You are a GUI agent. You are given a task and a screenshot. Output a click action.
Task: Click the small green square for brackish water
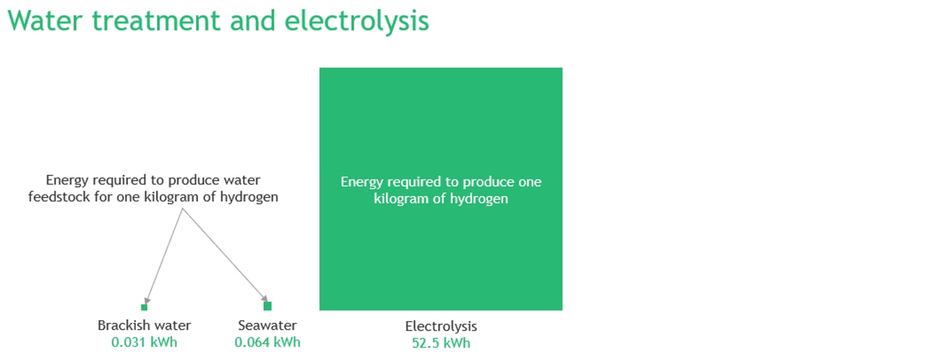tap(144, 307)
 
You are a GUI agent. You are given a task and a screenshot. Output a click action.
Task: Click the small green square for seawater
tap(267, 306)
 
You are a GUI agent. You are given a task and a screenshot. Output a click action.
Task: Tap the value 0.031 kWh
tap(144, 342)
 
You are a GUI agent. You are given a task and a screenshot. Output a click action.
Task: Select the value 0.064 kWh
tap(267, 342)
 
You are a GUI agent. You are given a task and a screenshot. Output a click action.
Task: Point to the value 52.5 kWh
tap(441, 343)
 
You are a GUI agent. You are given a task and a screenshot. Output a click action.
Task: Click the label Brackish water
tap(144, 326)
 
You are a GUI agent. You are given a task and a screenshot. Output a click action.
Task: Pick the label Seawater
tap(267, 326)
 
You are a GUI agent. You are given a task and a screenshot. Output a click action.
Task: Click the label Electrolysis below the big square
tap(441, 326)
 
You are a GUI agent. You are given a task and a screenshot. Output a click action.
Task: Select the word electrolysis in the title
tap(357, 22)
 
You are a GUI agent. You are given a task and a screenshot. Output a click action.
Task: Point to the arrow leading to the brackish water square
tap(164, 256)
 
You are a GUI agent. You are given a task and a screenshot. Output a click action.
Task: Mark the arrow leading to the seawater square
tap(225, 255)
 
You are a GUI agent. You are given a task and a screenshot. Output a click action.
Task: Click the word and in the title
tap(253, 21)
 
